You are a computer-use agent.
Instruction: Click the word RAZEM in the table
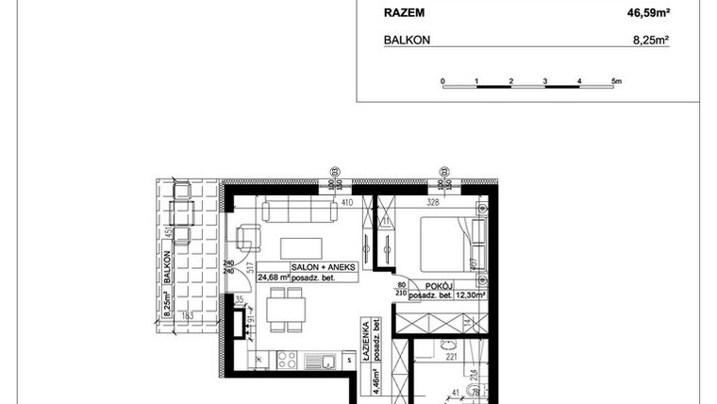[405, 12]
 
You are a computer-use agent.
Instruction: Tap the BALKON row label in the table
[407, 42]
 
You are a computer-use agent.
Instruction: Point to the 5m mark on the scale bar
[616, 82]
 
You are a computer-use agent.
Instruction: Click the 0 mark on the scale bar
[442, 82]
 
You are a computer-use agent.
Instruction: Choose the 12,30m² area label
[467, 295]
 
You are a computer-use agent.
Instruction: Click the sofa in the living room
[299, 210]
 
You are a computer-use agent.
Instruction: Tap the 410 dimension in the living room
[346, 202]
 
